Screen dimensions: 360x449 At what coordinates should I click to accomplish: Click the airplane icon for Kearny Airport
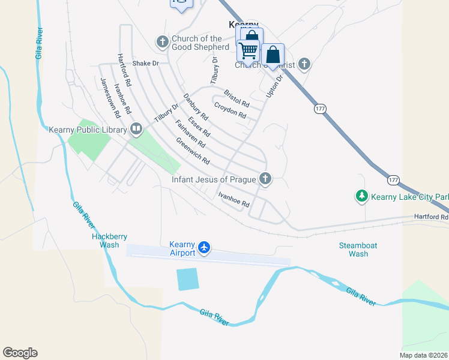[x=204, y=247]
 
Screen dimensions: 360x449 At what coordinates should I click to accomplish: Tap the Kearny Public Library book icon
[x=136, y=129]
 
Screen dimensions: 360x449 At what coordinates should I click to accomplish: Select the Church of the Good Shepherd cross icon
[x=162, y=42]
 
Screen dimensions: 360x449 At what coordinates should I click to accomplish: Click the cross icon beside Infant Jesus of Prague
[x=265, y=178]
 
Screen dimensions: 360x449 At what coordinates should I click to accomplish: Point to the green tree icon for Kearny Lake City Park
[x=362, y=196]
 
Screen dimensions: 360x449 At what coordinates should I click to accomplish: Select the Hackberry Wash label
[x=109, y=241]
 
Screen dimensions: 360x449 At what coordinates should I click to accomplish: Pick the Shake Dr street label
[x=146, y=63]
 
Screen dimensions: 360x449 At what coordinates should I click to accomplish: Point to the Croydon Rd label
[x=231, y=111]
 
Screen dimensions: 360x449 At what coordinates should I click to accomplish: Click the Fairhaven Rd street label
[x=190, y=134]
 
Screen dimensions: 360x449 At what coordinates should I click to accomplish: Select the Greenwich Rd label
[x=192, y=152]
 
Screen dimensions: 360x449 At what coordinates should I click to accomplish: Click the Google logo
[x=20, y=353]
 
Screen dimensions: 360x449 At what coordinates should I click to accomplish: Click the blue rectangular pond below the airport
[x=187, y=279]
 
